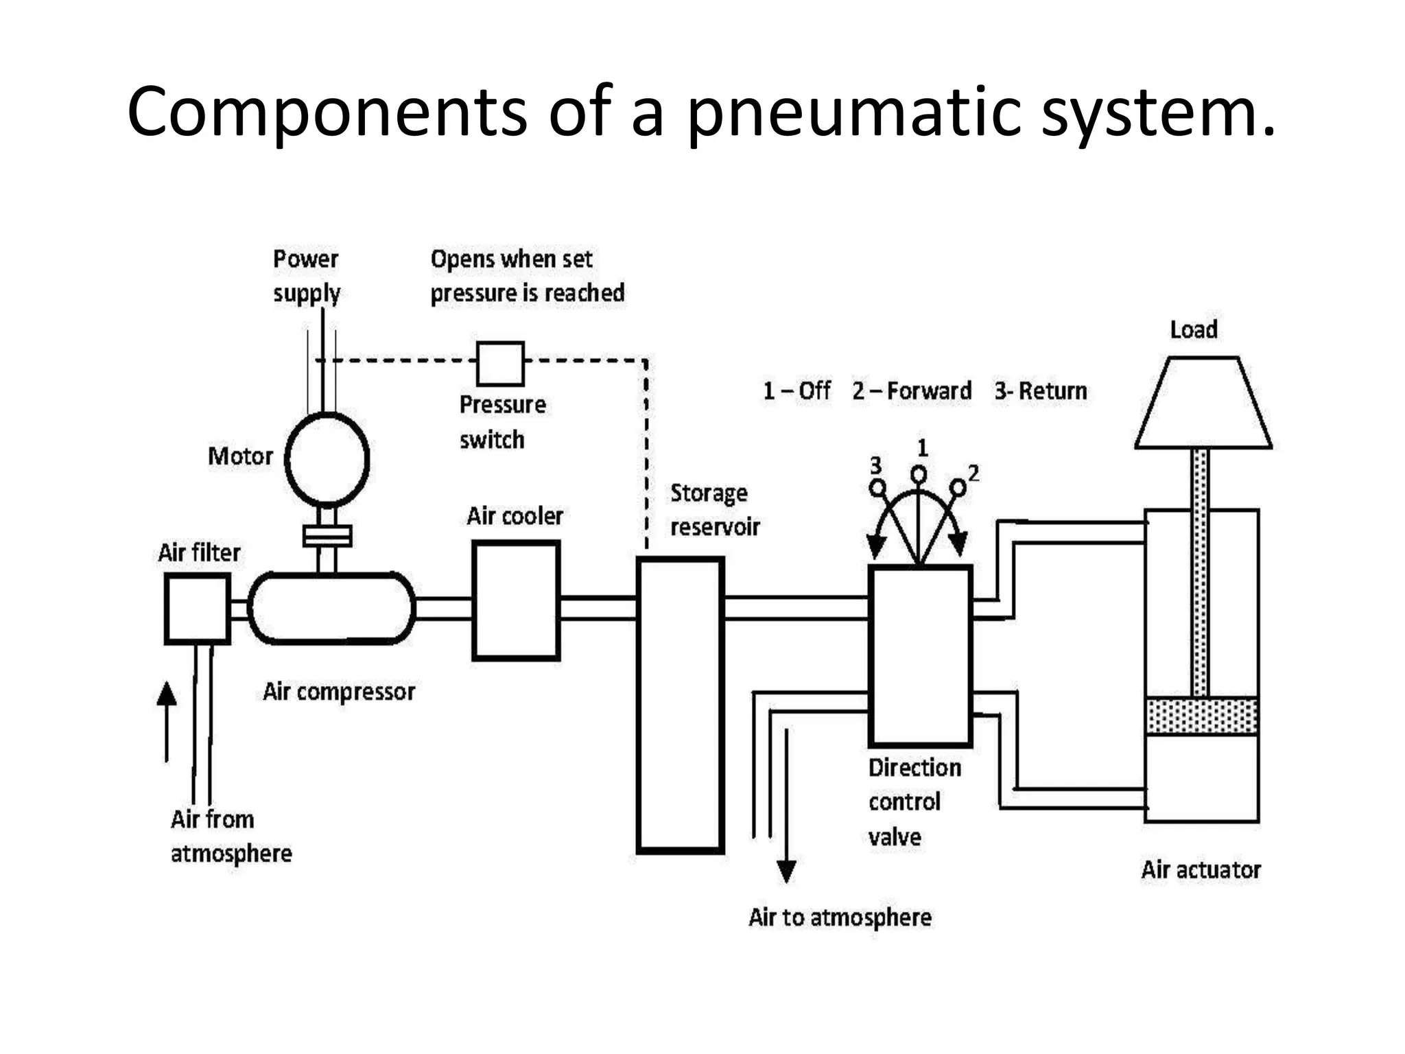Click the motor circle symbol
coord(327,459)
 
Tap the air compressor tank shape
coord(331,609)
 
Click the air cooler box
coord(516,601)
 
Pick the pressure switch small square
coord(500,364)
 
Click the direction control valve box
coord(920,656)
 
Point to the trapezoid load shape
coord(1203,403)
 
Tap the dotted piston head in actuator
coord(1202,716)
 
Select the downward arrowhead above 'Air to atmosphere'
coord(786,871)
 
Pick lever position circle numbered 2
coord(958,488)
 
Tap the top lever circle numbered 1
coord(919,474)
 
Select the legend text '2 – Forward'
coord(912,391)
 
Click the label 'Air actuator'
coord(1201,869)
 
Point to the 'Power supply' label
coord(306,276)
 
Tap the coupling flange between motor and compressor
coord(327,535)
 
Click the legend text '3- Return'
coord(1041,391)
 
